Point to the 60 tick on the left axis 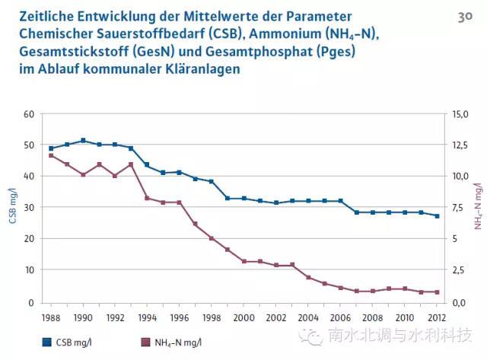click(29, 114)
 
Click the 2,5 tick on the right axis click(457, 270)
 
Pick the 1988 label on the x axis click(51, 316)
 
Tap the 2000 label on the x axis click(244, 316)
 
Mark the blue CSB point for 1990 click(83, 141)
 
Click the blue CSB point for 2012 click(437, 216)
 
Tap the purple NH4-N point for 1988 click(51, 155)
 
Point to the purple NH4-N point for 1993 click(131, 164)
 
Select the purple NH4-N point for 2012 click(437, 292)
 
